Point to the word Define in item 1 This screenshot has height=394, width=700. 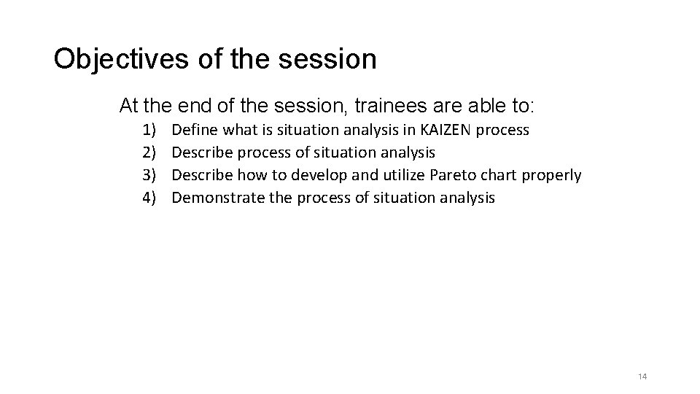(195, 130)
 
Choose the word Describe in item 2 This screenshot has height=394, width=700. (201, 152)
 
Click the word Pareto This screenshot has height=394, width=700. (453, 175)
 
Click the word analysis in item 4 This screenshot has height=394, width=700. (466, 197)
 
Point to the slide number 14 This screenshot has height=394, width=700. (642, 376)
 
